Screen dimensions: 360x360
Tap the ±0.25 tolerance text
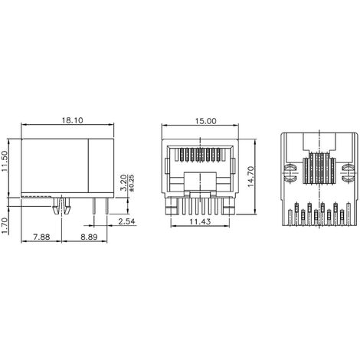point(132,182)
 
